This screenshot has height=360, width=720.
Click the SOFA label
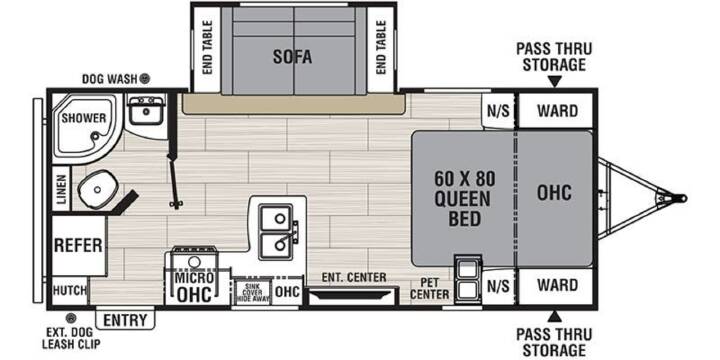pyautogui.click(x=292, y=57)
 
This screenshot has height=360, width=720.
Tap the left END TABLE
pyautogui.click(x=207, y=47)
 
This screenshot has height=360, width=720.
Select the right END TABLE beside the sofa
pyautogui.click(x=381, y=47)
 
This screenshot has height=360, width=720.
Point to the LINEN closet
pyautogui.click(x=61, y=189)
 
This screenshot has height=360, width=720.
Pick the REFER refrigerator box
pyautogui.click(x=79, y=245)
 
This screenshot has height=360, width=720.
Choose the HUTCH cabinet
pyautogui.click(x=69, y=290)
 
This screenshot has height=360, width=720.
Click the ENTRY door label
pyautogui.click(x=125, y=320)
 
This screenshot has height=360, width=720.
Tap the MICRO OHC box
pyautogui.click(x=195, y=286)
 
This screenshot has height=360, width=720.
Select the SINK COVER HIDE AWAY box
pyautogui.click(x=253, y=292)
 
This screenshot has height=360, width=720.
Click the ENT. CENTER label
pyautogui.click(x=354, y=277)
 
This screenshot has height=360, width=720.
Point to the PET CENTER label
pyautogui.click(x=430, y=288)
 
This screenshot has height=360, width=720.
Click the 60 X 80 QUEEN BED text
pyautogui.click(x=465, y=200)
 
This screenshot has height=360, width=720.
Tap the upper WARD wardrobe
pyautogui.click(x=556, y=111)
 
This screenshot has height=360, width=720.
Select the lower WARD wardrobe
pyautogui.click(x=556, y=285)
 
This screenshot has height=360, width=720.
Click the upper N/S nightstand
pyautogui.click(x=498, y=111)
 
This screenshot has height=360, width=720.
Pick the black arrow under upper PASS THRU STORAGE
pyautogui.click(x=555, y=82)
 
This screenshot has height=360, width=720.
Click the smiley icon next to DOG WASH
pyautogui.click(x=145, y=79)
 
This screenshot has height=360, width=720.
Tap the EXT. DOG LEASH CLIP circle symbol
pyautogui.click(x=70, y=318)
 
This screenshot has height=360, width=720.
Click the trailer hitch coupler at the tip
pyautogui.click(x=681, y=198)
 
